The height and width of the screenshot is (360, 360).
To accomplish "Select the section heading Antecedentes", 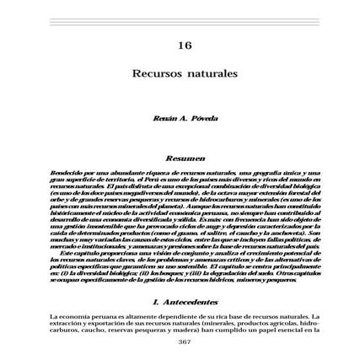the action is pyautogui.click(x=185, y=300).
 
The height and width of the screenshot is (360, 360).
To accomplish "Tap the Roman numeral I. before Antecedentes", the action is pyautogui.click(x=156, y=300).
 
